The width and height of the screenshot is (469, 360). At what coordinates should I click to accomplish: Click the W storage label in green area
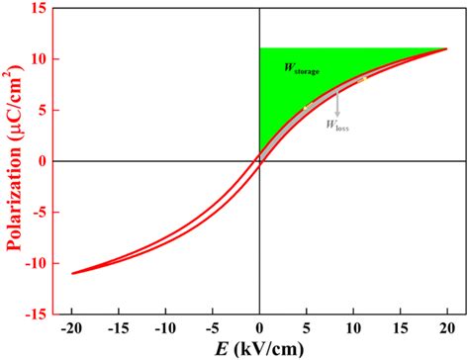[302, 68]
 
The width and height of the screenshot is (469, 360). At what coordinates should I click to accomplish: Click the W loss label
[337, 125]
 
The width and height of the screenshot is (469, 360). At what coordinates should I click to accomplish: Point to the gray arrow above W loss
[337, 103]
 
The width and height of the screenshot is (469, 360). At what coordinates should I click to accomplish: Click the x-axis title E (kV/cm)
[260, 347]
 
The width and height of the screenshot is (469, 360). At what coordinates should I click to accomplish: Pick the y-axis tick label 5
[43, 110]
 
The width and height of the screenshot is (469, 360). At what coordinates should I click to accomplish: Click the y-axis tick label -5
[41, 212]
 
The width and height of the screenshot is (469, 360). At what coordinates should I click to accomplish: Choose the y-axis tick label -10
[37, 262]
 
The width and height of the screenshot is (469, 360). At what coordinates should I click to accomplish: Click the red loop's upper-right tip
[446, 48]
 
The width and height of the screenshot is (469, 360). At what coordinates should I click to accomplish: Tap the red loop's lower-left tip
[72, 273]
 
